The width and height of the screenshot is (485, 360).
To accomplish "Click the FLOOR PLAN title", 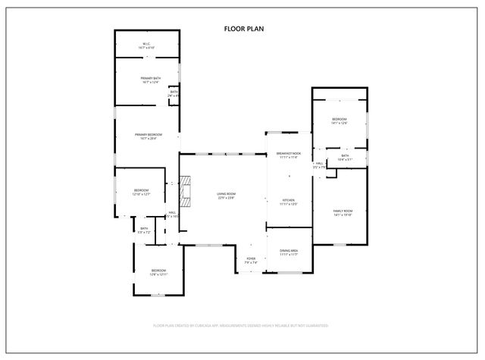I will point(243,29).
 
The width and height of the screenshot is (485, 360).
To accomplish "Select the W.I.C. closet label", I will point(148,45).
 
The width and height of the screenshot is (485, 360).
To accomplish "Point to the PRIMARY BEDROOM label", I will point(149,136).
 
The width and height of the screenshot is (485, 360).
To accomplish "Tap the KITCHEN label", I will point(288,202).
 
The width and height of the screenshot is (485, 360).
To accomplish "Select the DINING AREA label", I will point(289,252).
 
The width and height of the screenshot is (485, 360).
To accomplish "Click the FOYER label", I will point(251,260).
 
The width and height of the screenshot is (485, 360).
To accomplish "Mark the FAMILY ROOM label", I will point(343,212).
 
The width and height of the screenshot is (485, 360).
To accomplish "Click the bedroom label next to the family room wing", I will point(339,121).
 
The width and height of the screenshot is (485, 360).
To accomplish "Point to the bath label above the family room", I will point(345,157).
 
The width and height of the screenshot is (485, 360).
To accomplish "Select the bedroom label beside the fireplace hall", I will point(142,192).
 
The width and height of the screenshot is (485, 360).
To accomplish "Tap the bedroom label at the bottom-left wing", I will point(158,272).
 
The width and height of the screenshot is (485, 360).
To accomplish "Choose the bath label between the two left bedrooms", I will point(144,230).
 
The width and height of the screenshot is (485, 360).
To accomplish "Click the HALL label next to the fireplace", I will point(172,214).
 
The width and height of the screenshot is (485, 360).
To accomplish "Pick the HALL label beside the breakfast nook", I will point(320,164).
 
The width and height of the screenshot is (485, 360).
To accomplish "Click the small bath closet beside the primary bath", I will point(174,94).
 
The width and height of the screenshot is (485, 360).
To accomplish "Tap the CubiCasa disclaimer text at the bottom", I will point(241,325).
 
